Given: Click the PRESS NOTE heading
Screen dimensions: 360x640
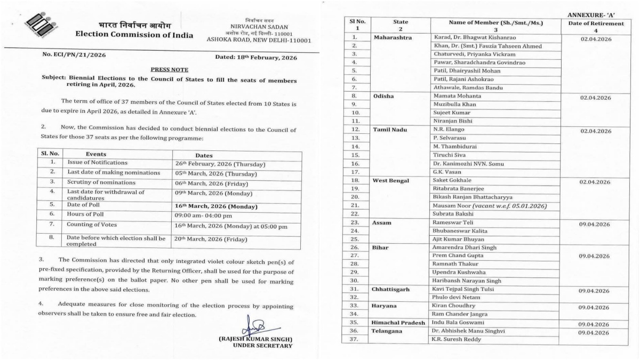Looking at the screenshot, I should pos(169,69).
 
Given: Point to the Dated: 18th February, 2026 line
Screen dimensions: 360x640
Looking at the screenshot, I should pos(255,57).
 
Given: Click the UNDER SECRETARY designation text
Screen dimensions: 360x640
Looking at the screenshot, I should pos(262,346).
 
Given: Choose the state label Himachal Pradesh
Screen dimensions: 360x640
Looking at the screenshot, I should pos(398,323).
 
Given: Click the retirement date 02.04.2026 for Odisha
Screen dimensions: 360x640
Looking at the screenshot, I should pos(595,98).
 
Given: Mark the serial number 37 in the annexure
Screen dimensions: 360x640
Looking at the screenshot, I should pos(354,340).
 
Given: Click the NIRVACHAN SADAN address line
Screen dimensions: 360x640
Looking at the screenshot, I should pos(259,26).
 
